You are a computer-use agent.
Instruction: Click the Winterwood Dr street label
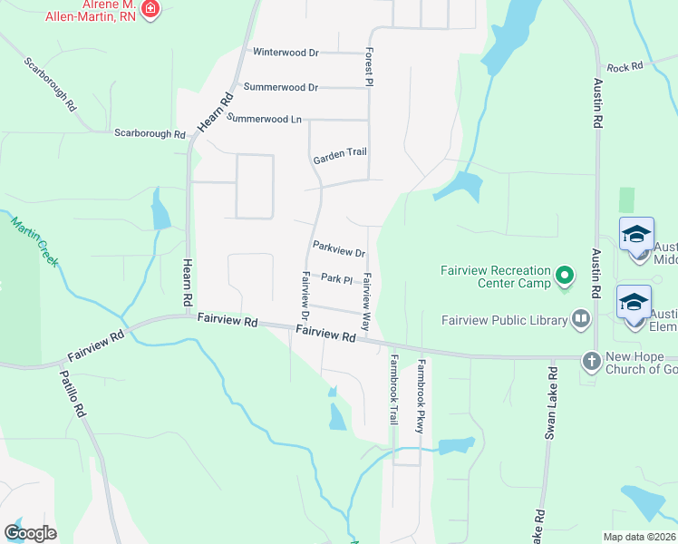click(286, 53)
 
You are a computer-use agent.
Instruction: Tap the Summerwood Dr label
click(280, 87)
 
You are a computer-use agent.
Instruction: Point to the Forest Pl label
click(370, 68)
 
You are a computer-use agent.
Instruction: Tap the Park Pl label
click(336, 278)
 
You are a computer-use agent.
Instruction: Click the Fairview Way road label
click(367, 302)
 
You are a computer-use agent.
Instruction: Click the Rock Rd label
click(625, 67)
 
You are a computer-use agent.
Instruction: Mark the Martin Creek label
click(34, 240)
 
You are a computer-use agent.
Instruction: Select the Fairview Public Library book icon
click(580, 318)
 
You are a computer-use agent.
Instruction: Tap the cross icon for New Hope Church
click(591, 361)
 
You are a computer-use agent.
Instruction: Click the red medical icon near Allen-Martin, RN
click(150, 10)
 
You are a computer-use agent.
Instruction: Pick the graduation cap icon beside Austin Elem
click(634, 301)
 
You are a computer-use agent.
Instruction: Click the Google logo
click(30, 532)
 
